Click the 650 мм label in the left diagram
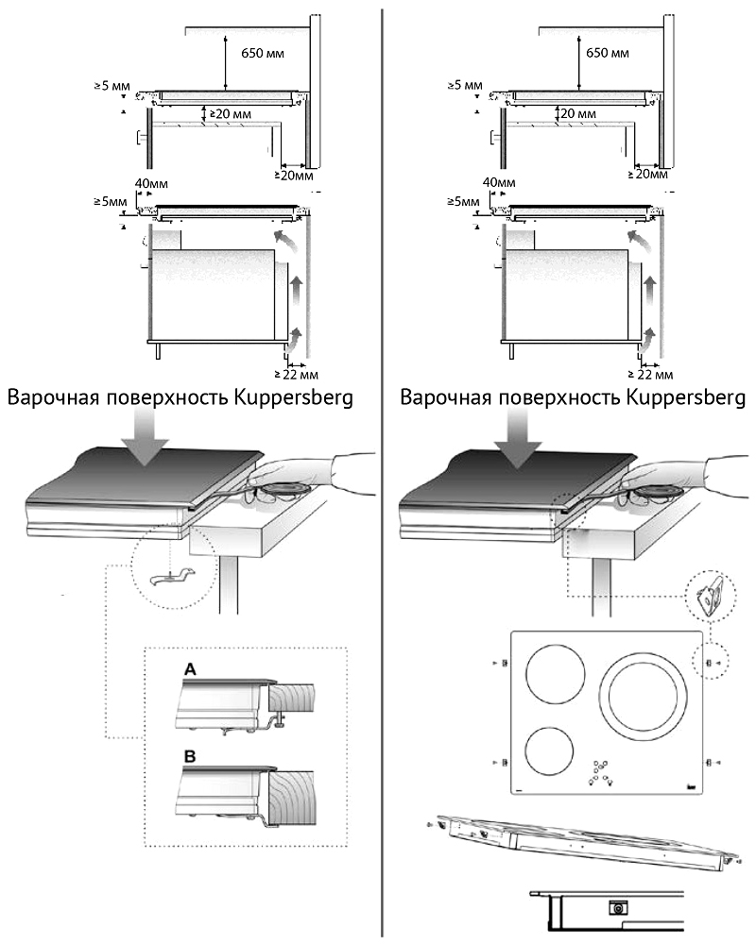263,54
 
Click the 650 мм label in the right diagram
608,53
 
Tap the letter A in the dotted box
190,669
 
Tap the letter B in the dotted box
190,757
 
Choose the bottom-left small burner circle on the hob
549,752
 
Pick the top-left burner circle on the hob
556,676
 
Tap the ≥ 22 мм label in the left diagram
296,375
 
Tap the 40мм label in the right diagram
499,182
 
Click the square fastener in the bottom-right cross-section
617,907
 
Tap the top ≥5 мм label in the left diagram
112,86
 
